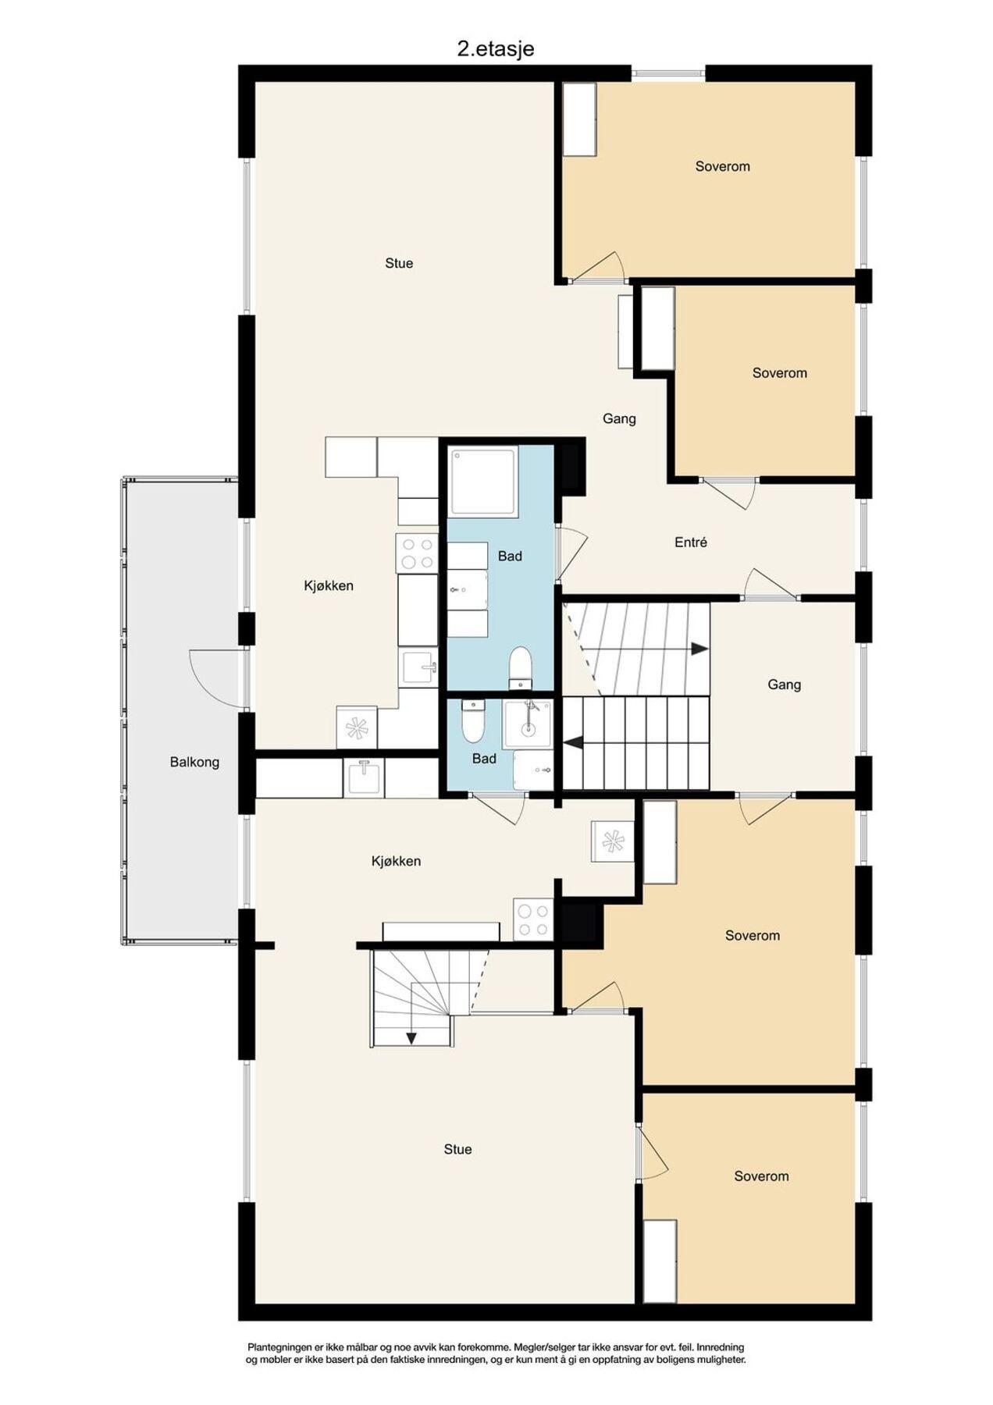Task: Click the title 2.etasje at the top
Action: pyautogui.click(x=495, y=49)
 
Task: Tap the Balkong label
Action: pyautogui.click(x=194, y=762)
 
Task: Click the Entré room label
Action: pyautogui.click(x=690, y=542)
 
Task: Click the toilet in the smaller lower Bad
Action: pyautogui.click(x=472, y=723)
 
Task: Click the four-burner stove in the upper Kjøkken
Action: pyautogui.click(x=417, y=553)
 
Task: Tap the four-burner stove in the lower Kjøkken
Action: pyautogui.click(x=533, y=919)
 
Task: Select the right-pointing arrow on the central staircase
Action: pyautogui.click(x=699, y=649)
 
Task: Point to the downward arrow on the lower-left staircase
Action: pyautogui.click(x=411, y=1037)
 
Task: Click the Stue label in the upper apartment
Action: pyautogui.click(x=398, y=263)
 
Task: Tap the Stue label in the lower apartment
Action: pyautogui.click(x=457, y=1149)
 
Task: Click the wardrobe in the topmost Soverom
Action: pyautogui.click(x=579, y=119)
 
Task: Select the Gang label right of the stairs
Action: pyautogui.click(x=784, y=685)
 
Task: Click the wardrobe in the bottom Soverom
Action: pyautogui.click(x=660, y=1261)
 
